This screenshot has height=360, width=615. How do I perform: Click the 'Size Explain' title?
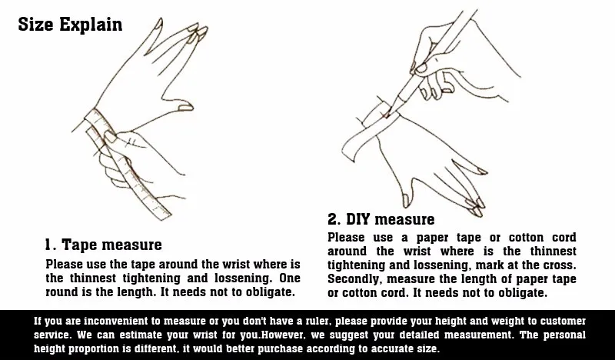(70, 25)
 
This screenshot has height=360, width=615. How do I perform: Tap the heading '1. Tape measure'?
(103, 245)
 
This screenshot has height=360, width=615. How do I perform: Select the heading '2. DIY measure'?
(381, 219)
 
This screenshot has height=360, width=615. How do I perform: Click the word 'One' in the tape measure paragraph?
(290, 278)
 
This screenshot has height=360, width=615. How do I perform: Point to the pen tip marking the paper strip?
(387, 115)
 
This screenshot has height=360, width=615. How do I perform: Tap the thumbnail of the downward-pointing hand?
(406, 201)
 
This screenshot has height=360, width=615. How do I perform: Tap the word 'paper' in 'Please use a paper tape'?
(433, 238)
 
